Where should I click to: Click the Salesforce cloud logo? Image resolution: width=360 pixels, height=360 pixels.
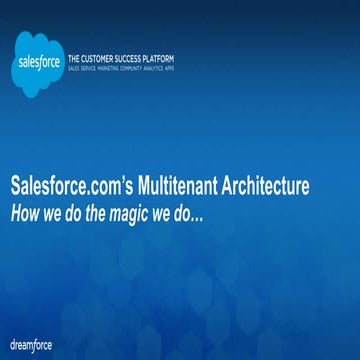[37, 56]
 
